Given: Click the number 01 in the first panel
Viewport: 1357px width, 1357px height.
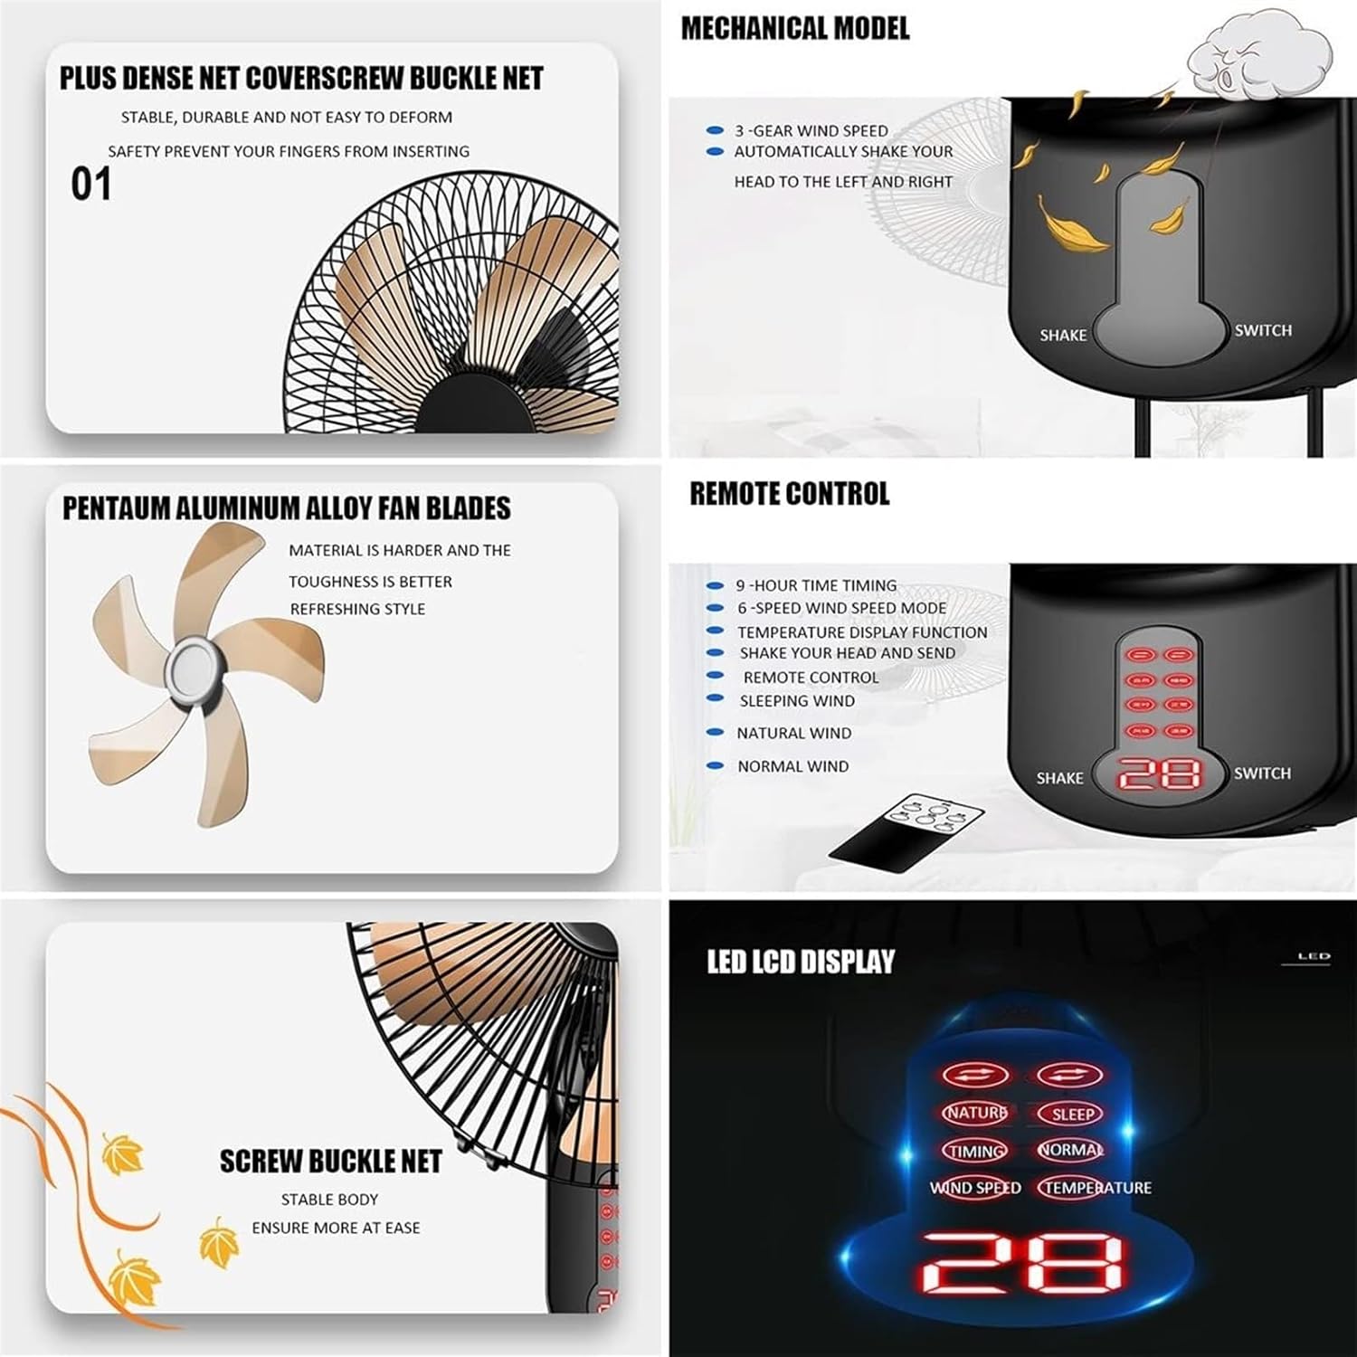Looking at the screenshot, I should tap(91, 185).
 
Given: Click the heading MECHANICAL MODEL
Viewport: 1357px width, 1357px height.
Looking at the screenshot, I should tap(794, 29).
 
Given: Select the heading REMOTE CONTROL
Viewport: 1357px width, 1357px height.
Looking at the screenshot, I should tap(789, 494).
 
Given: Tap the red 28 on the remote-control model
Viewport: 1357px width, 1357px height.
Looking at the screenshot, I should tap(1160, 774).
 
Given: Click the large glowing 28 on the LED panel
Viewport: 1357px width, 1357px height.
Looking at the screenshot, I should tap(1023, 1261).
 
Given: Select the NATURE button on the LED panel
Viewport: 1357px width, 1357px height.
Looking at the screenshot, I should tap(975, 1113).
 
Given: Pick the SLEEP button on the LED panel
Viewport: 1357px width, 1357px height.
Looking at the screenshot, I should tap(1072, 1115).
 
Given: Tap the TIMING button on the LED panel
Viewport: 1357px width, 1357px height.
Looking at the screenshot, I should tap(975, 1151).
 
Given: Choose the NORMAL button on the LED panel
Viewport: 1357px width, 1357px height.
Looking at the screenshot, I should tap(1071, 1150).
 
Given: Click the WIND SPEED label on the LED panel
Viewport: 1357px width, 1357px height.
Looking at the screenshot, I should tap(975, 1188).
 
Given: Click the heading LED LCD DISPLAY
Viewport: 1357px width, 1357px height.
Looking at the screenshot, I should tap(801, 962).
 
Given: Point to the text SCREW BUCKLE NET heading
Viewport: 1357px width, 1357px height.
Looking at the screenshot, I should tap(330, 1162).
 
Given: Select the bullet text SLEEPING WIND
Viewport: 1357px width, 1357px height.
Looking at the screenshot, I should tap(796, 701).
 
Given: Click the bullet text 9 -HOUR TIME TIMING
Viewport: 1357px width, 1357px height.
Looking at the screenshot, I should tap(816, 585).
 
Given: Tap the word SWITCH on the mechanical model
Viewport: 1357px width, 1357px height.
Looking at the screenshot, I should tap(1263, 331).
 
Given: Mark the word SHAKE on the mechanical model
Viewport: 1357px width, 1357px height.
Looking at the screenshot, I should tap(1063, 336).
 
